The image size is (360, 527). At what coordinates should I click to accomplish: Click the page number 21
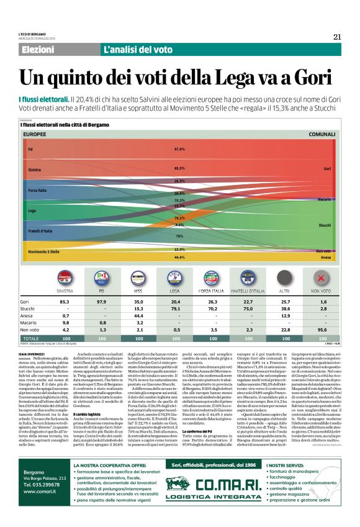click(x=337, y=37)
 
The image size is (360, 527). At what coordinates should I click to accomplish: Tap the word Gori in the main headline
click(x=306, y=78)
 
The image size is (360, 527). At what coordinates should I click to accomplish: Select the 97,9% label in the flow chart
click(x=179, y=150)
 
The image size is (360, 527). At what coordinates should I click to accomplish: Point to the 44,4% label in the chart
click(x=179, y=257)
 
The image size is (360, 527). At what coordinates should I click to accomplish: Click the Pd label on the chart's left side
click(x=30, y=150)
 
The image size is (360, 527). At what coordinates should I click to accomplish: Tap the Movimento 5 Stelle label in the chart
click(x=44, y=251)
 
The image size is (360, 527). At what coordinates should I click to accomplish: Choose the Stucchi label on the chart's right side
click(x=325, y=225)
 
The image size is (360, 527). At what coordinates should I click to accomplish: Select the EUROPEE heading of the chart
click(x=35, y=134)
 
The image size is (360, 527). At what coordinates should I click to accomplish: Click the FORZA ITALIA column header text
click(x=212, y=290)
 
